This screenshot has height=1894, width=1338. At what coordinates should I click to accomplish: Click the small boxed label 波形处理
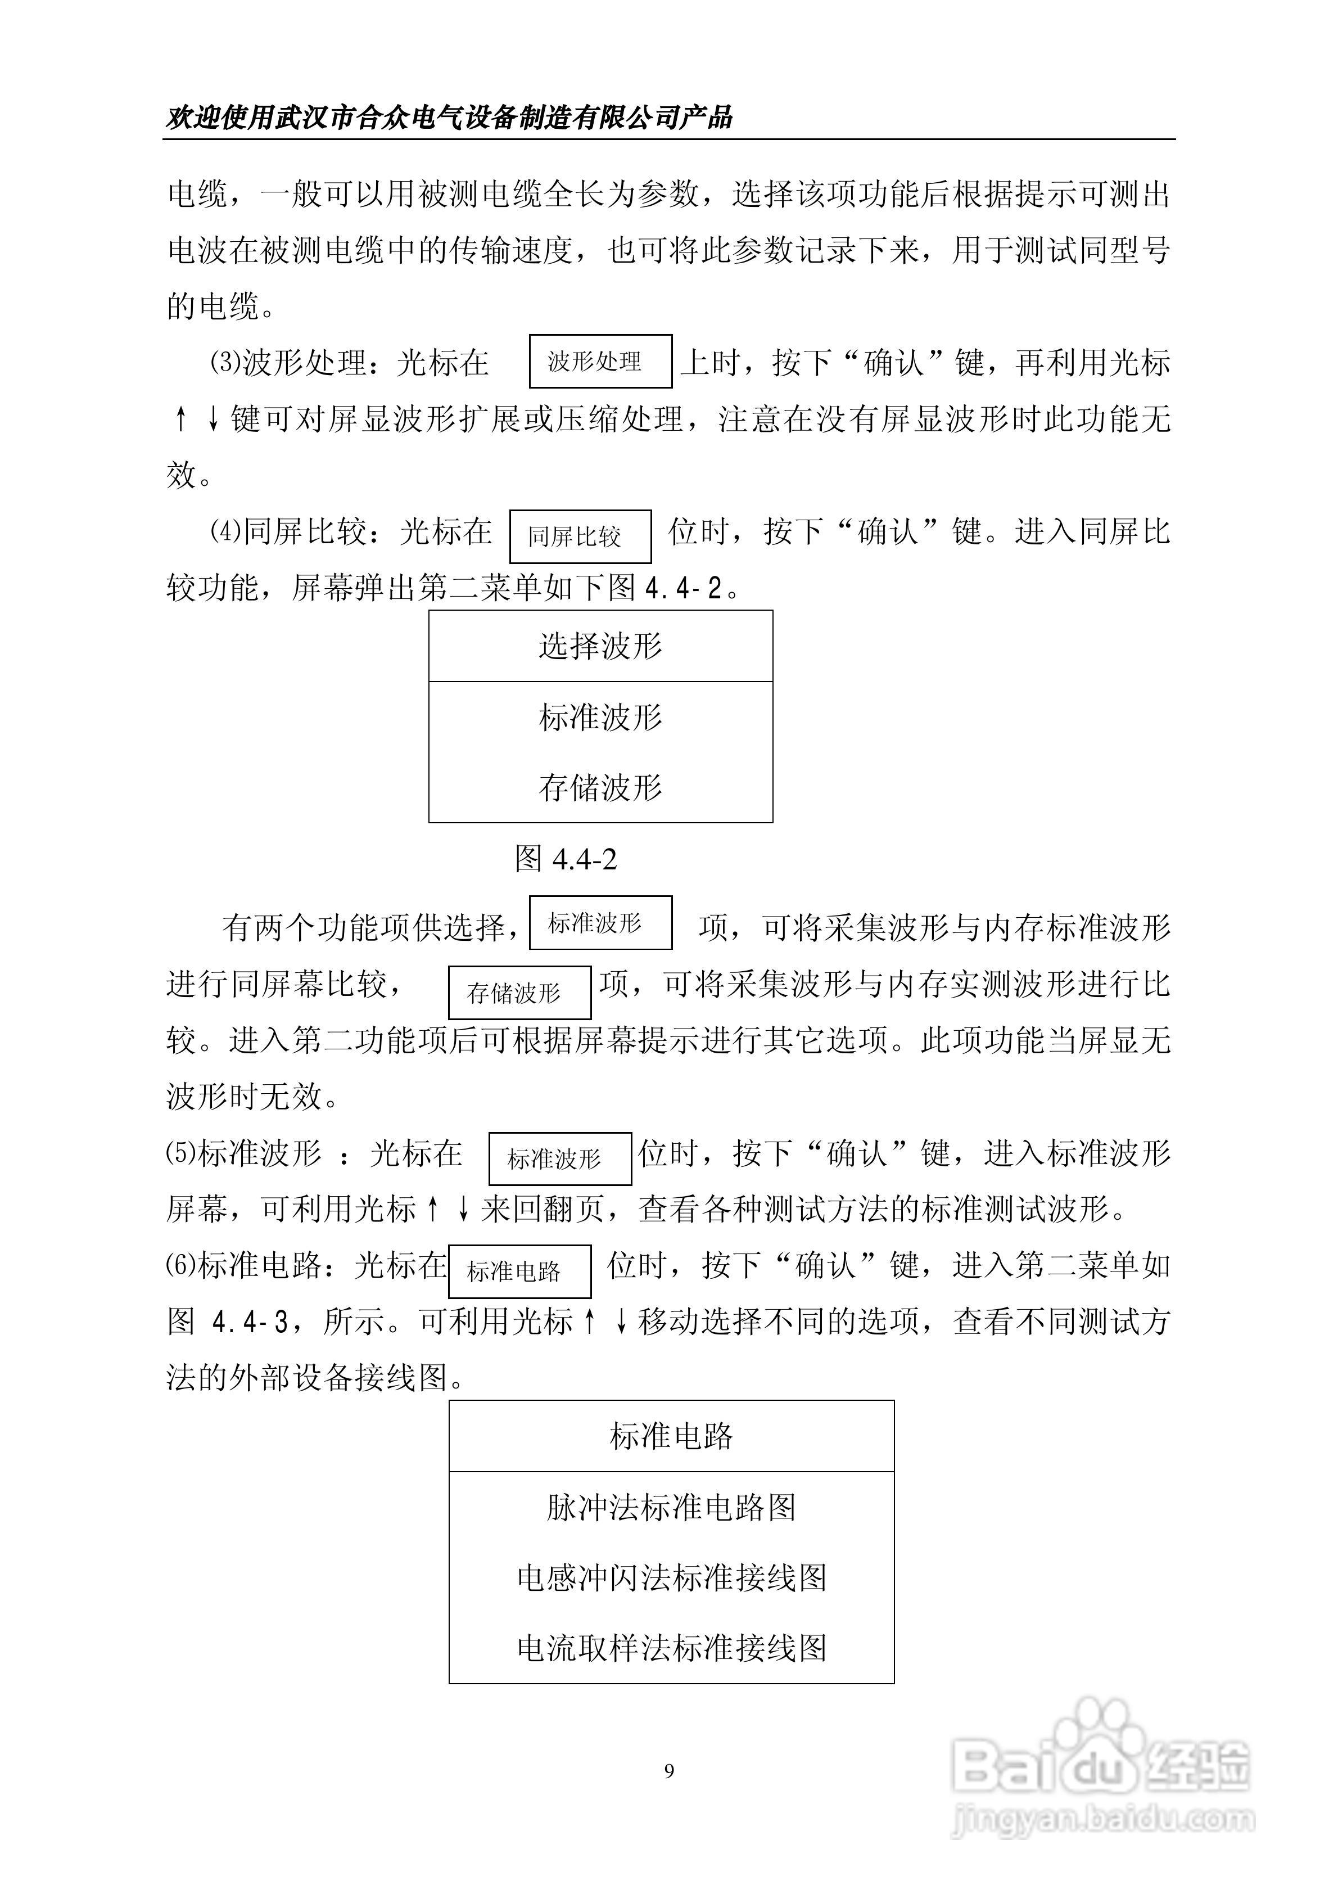pyautogui.click(x=600, y=362)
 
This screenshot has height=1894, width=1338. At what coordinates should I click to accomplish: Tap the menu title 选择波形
pyautogui.click(x=600, y=646)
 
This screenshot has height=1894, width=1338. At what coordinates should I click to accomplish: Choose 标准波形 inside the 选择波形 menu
pyautogui.click(x=600, y=717)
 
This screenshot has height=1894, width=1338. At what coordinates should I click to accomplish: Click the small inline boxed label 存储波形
pyautogui.click(x=519, y=993)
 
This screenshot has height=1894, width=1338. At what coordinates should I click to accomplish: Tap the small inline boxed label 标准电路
pyautogui.click(x=519, y=1271)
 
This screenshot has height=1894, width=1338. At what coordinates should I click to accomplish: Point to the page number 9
pyautogui.click(x=669, y=1771)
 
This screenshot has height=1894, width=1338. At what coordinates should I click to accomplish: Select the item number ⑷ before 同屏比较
pyautogui.click(x=224, y=532)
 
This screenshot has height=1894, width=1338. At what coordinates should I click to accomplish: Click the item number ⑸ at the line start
pyautogui.click(x=180, y=1153)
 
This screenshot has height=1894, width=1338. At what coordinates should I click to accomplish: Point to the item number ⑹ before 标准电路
pyautogui.click(x=180, y=1265)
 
